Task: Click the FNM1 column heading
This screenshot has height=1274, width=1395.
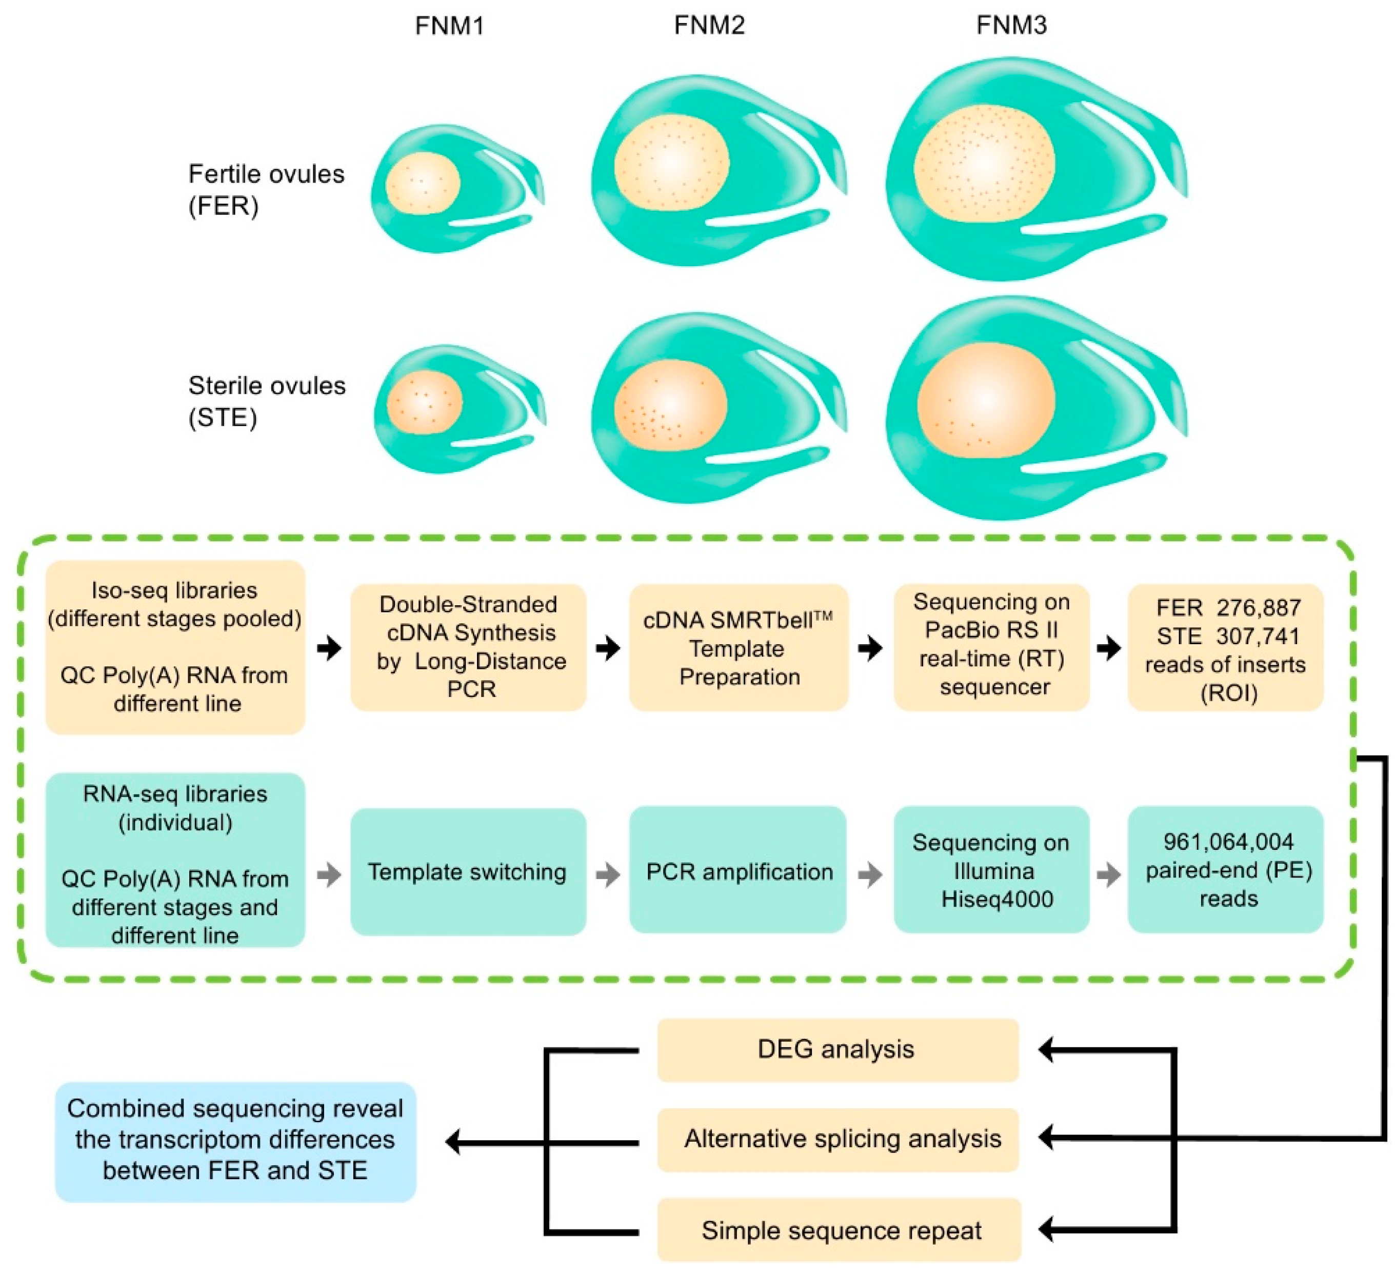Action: pyautogui.click(x=449, y=26)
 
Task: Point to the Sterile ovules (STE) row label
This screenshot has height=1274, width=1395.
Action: pyautogui.click(x=266, y=402)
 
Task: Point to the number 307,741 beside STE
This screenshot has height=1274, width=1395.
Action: pyautogui.click(x=1258, y=636)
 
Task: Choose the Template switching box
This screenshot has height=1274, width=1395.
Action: pyautogui.click(x=468, y=871)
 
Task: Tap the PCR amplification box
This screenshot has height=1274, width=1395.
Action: pyautogui.click(x=739, y=871)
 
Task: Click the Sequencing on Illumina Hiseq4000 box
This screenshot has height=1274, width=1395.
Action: pyautogui.click(x=991, y=870)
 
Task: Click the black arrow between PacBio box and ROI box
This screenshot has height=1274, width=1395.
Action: pyautogui.click(x=1108, y=648)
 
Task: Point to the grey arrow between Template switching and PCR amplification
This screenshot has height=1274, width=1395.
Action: pyautogui.click(x=608, y=874)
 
